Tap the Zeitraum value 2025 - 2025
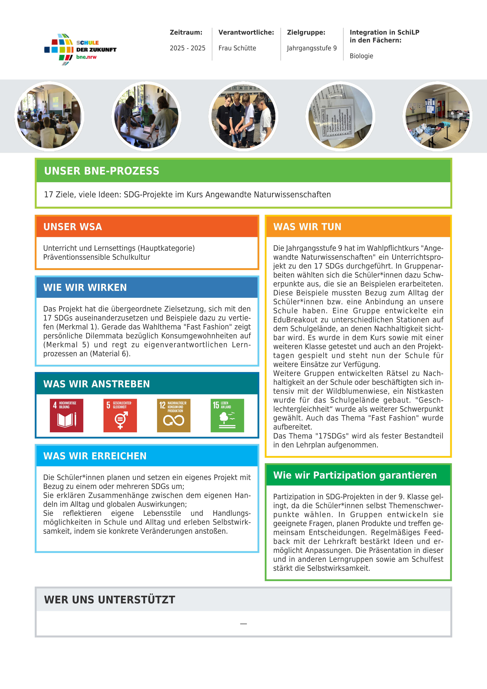point(187,48)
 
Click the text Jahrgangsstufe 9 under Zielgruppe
point(312,48)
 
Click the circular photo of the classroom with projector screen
point(49,116)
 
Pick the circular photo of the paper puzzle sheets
point(340,116)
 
